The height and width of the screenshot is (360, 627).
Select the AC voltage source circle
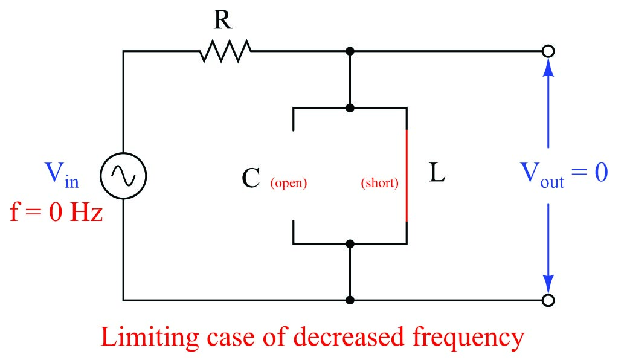coord(123,176)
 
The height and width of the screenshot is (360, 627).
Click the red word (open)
coord(288,183)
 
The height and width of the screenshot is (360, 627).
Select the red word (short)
coord(379,183)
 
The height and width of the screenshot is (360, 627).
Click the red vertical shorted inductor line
coord(407,175)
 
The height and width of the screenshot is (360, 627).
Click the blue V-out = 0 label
coord(564,175)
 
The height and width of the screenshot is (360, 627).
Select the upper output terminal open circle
coord(548,51)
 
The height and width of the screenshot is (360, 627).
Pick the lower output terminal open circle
coord(548,300)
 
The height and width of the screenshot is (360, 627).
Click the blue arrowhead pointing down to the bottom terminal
coord(548,283)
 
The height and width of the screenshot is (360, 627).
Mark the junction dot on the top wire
coord(350,51)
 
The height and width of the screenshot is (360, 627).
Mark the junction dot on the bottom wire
coord(350,300)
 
